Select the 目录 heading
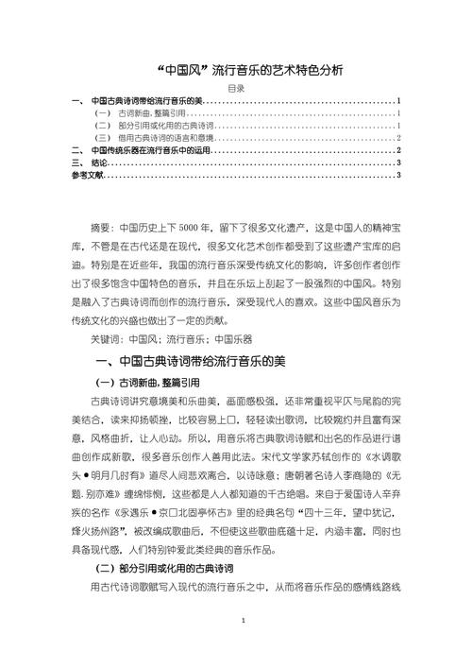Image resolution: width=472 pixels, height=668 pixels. [x=237, y=87]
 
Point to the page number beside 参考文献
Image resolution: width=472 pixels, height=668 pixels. [x=400, y=174]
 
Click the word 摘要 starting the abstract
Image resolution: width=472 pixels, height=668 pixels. [x=100, y=229]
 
